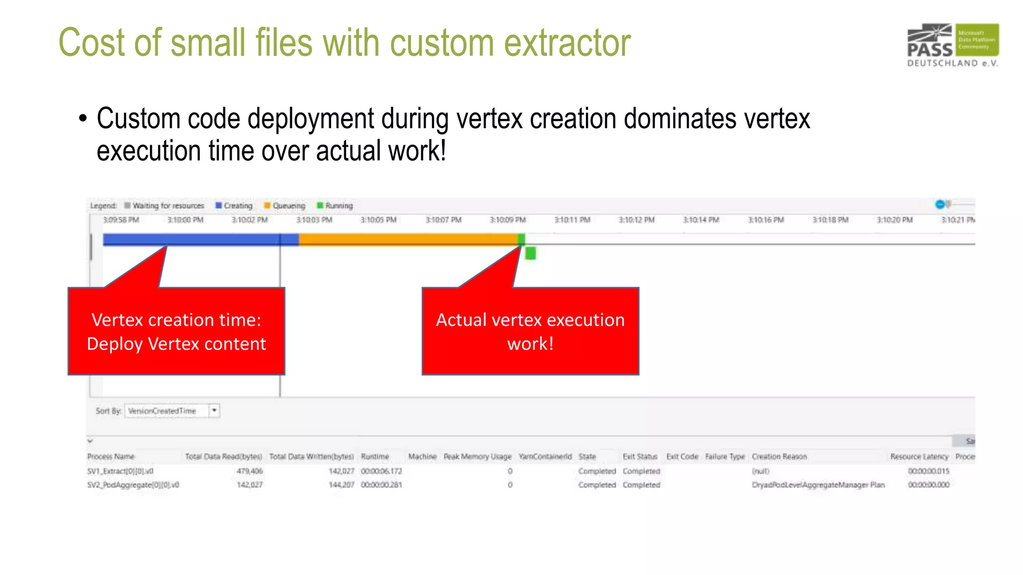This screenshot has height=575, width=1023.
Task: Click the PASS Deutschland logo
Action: tap(953, 45)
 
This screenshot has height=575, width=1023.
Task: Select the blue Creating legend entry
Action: tap(234, 206)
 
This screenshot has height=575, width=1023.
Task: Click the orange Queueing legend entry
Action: tap(285, 206)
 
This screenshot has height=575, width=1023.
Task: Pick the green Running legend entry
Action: tap(335, 206)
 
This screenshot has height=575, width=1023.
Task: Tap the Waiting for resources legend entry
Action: tap(164, 206)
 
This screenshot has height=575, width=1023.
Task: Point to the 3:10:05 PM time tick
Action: tap(378, 220)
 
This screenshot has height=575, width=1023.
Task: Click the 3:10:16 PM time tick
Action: tap(765, 220)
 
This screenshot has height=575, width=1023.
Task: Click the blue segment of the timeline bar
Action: tap(200, 240)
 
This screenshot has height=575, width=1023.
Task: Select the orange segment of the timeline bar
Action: tap(407, 240)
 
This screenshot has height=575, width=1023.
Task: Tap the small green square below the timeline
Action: tap(530, 254)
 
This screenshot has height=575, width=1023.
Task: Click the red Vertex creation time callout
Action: tap(176, 331)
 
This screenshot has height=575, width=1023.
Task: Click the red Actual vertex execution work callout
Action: tap(530, 331)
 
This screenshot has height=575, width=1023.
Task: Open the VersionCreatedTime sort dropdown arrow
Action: tap(214, 411)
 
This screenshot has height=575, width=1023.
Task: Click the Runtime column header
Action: tap(375, 457)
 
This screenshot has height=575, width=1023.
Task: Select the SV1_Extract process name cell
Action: tap(120, 471)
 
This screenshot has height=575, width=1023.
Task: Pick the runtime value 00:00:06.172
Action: tap(381, 471)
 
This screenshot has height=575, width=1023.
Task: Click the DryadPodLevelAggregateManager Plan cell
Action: tap(818, 485)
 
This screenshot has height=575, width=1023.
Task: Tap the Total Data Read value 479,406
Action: tap(249, 471)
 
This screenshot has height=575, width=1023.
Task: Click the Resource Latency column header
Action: tap(919, 457)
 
